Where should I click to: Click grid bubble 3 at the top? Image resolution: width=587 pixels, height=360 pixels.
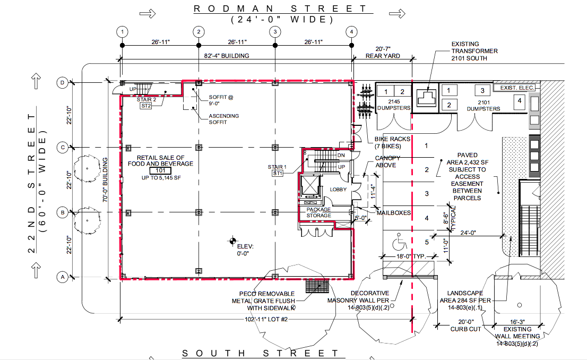point(275,32)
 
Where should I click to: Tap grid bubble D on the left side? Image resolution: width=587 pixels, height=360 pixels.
point(63,83)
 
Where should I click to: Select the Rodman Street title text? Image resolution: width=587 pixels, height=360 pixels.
point(280,8)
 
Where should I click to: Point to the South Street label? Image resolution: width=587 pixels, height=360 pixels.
point(261,353)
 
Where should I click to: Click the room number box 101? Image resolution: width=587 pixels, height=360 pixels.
point(160,171)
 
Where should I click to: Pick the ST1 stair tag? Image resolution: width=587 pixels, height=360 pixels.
point(278,174)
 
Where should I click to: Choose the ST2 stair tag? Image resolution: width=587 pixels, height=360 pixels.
point(146,106)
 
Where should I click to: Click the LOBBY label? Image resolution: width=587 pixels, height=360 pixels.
point(338,190)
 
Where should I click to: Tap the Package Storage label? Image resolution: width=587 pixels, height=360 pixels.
point(318,212)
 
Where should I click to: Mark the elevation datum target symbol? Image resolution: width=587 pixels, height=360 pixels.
point(233,241)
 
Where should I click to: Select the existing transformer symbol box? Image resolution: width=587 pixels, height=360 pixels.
point(426,98)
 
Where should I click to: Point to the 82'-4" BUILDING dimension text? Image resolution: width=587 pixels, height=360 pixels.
point(227,56)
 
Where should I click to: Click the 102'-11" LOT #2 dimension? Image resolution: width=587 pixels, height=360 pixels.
point(266,320)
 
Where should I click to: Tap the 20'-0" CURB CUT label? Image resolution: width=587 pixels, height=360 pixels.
point(465,325)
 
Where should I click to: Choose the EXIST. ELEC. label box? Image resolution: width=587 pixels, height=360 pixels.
point(518,88)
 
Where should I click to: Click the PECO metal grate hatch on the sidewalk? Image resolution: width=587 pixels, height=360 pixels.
point(317,286)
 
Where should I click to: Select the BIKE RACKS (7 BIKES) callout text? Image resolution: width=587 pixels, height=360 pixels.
point(392,142)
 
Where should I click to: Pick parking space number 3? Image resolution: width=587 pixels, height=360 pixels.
point(426,194)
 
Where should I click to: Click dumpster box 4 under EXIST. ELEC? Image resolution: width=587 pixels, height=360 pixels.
point(519,100)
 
